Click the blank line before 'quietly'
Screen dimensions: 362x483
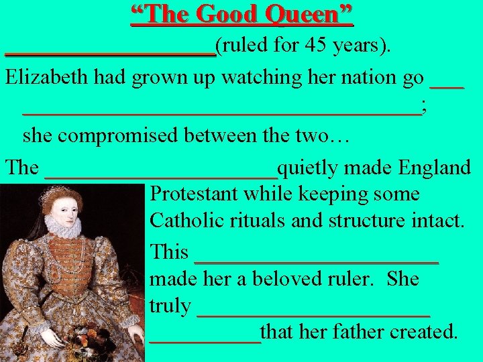(x=161, y=176)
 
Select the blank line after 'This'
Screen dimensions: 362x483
(x=315, y=261)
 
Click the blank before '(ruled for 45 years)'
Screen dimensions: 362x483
(x=110, y=54)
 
